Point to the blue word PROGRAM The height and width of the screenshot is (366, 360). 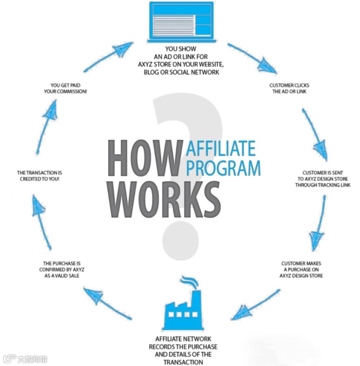pyautogui.click(x=223, y=167)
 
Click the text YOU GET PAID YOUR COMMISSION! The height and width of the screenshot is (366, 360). pyautogui.click(x=66, y=88)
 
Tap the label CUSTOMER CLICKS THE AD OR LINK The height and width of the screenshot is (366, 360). pyautogui.click(x=289, y=88)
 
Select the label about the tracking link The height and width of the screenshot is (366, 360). pyautogui.click(x=316, y=179)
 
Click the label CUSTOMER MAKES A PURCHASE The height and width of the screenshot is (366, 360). pyautogui.click(x=301, y=270)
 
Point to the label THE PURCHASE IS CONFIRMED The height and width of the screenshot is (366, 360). pyautogui.click(x=62, y=270)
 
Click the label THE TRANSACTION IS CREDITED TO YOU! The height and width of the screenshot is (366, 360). pyautogui.click(x=40, y=176)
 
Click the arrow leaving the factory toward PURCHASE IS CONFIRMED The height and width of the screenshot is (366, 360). pyautogui.click(x=107, y=302)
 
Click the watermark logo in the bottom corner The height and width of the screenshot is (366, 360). pyautogui.click(x=25, y=359)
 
